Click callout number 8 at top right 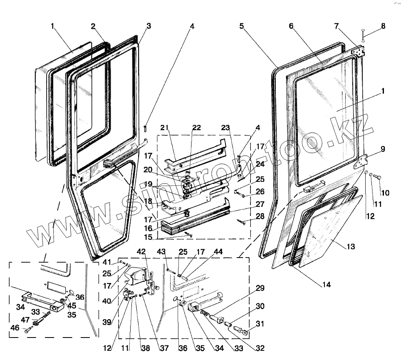tap(383, 26)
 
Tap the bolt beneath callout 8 tap(363, 35)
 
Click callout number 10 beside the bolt tap(386, 193)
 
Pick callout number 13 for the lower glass tap(351, 247)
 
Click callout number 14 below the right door tap(326, 285)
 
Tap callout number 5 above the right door tap(241, 26)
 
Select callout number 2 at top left tap(94, 26)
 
